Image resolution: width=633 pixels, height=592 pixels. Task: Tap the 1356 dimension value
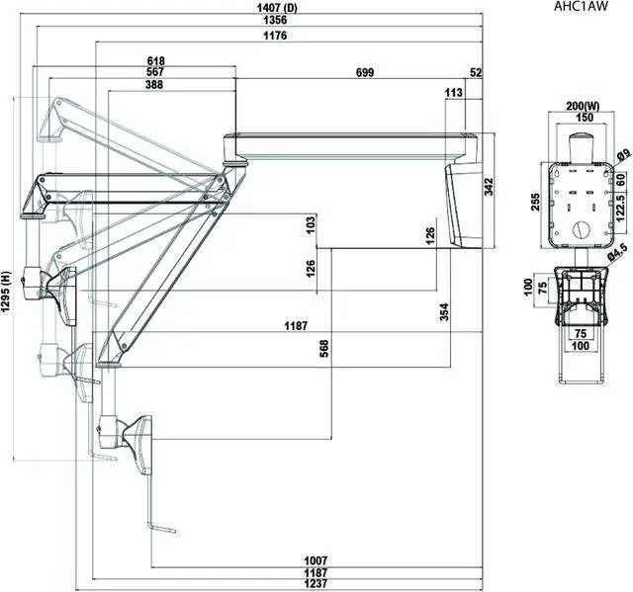(x=261, y=21)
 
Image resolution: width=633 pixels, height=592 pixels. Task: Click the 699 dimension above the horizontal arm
(x=364, y=73)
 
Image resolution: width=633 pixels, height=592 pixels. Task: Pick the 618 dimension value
(x=155, y=60)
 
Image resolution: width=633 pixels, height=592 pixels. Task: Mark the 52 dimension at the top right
(x=476, y=73)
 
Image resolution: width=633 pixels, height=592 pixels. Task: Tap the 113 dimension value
(x=454, y=92)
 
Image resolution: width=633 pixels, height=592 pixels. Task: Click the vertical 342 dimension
(x=489, y=188)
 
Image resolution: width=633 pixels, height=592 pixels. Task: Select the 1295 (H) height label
(x=7, y=294)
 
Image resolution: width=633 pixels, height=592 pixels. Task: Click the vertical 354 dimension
(x=445, y=311)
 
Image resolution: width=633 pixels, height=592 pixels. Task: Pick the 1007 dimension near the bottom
(x=316, y=560)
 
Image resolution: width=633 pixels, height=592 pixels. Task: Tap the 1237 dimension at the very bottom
(x=316, y=584)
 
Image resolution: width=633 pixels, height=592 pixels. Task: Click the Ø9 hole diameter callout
(x=624, y=155)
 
